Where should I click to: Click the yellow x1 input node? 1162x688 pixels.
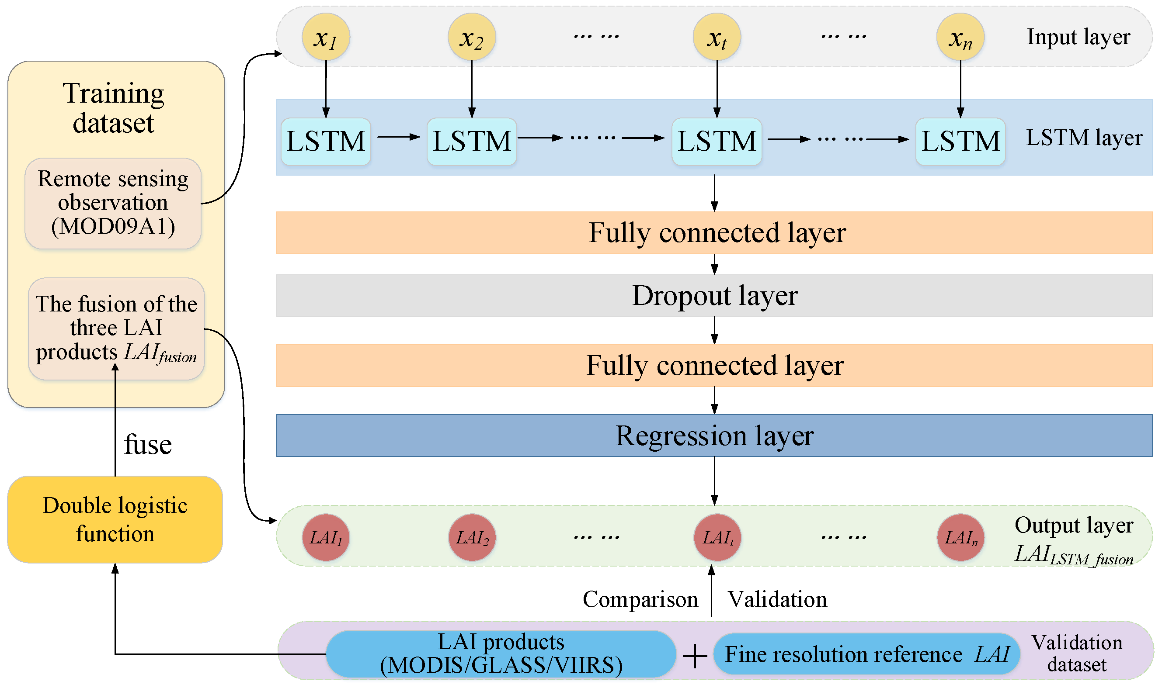(326, 37)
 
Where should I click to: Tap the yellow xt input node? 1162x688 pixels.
(717, 37)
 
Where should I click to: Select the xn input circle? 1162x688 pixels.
(960, 37)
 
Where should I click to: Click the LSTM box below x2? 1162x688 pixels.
(472, 142)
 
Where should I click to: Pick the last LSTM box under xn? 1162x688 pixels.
(960, 142)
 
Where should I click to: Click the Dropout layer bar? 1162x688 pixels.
(714, 296)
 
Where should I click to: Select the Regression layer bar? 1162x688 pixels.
(714, 436)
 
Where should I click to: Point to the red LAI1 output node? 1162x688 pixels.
(326, 538)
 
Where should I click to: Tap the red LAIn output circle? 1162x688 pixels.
(960, 538)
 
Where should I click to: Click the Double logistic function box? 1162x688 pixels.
(115, 520)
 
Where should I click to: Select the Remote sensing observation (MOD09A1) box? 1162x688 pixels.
(113, 203)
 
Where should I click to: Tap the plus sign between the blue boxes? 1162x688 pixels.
(694, 657)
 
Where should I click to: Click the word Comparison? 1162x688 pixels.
(640, 599)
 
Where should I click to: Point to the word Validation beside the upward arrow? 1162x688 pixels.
(777, 599)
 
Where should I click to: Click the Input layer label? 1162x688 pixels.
(1078, 37)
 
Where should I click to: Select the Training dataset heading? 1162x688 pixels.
(113, 107)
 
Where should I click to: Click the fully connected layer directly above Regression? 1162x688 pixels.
(714, 366)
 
